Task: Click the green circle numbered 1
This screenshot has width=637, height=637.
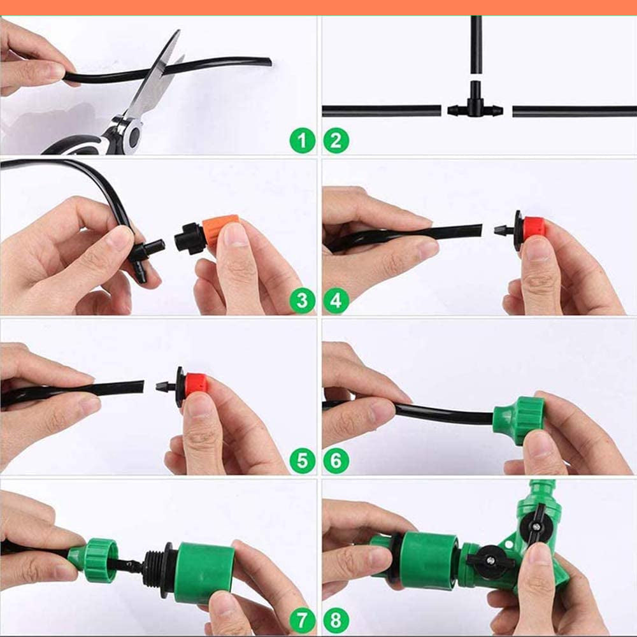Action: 302,140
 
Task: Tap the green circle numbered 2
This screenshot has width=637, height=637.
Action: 336,140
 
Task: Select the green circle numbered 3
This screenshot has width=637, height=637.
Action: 302,300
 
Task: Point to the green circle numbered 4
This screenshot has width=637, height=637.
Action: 336,300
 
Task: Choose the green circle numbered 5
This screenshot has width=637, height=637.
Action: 302,460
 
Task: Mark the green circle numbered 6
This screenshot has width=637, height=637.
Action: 336,460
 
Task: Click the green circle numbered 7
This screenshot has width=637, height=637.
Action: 302,619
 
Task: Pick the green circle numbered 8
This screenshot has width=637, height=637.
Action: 336,619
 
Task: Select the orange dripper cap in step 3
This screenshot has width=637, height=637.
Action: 220,230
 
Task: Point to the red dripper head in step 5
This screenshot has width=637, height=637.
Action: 196,384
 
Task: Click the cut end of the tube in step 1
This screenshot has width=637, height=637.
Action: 268,62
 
